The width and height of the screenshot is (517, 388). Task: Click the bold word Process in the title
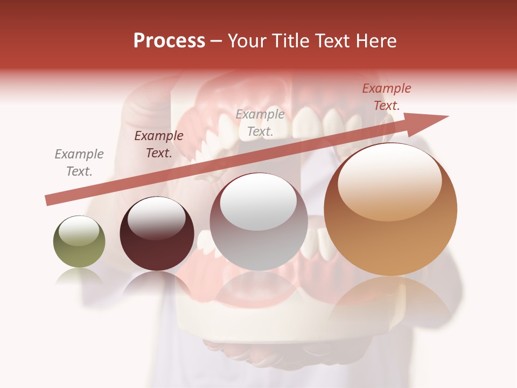169,41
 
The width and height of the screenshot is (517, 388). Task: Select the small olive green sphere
79,242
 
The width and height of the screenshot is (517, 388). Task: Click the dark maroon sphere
157,234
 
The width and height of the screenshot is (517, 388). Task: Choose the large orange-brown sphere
390,210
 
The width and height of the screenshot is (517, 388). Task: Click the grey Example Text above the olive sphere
79,163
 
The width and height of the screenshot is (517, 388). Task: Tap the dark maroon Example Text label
159,144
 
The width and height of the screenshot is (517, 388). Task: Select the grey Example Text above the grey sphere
260,123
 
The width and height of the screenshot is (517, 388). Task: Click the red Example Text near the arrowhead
387,97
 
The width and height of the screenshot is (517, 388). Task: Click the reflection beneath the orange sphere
390,299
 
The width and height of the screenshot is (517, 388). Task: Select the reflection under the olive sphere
79,276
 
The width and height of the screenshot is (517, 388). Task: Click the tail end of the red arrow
48,200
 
